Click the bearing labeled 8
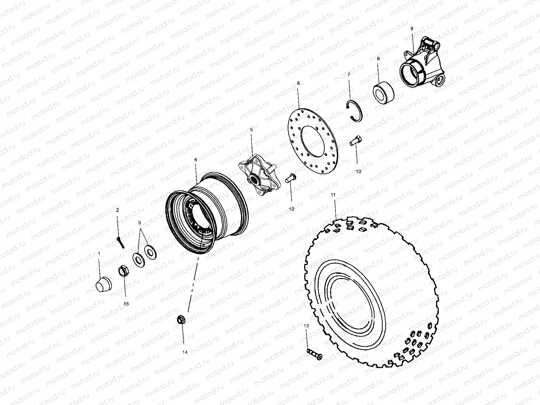383,90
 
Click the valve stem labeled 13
315,354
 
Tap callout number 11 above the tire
333,195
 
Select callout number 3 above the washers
139,223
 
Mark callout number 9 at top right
412,29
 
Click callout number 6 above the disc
298,82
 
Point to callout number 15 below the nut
126,304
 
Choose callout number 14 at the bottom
185,352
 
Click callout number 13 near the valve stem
306,326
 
